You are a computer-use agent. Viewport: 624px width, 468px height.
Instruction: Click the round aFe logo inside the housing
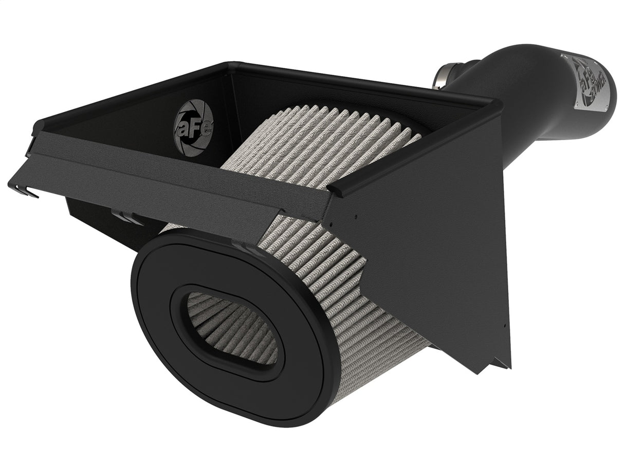click(x=193, y=127)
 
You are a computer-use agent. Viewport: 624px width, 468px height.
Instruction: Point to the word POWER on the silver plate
click(x=598, y=85)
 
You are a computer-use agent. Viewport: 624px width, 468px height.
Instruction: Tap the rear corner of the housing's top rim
click(x=234, y=66)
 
